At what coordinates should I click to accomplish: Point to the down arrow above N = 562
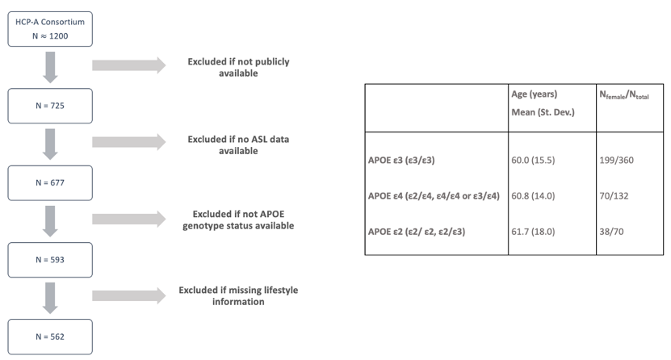click(x=50, y=299)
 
